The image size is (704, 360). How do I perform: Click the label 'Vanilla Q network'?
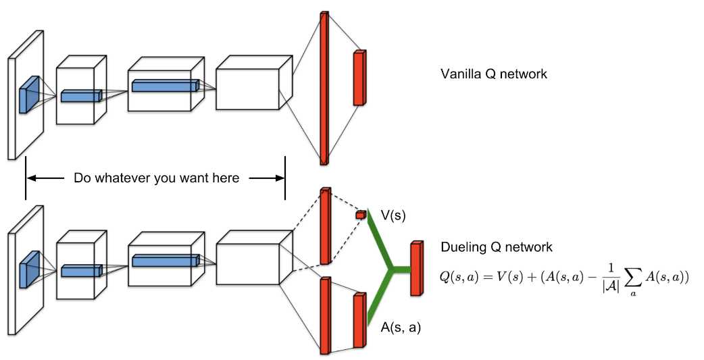[x=493, y=74]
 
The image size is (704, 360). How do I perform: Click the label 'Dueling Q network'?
[x=496, y=247]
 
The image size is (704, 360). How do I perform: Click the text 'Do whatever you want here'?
[x=156, y=178]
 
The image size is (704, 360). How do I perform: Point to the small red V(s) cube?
[x=360, y=215]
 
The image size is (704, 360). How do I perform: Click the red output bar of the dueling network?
[x=416, y=268]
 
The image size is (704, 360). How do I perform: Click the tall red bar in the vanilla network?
[x=324, y=88]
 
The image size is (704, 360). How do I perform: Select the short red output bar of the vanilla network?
[x=359, y=78]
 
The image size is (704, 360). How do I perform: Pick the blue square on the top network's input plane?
[x=29, y=94]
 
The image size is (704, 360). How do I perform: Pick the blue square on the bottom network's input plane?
[x=28, y=269]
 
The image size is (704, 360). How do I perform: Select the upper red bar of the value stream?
[x=324, y=226]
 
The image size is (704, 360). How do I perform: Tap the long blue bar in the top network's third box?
[x=165, y=86]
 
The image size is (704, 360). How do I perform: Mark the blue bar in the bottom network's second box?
[x=80, y=270]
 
